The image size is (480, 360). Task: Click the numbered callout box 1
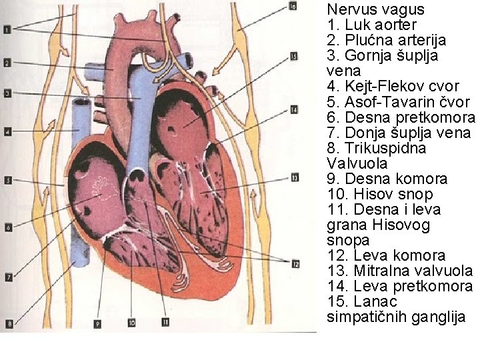coord(6,29)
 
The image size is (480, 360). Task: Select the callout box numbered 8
coord(9,324)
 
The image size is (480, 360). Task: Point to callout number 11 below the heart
coord(164,323)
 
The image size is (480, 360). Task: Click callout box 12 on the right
coord(294,262)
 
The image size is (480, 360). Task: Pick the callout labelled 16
coord(293,7)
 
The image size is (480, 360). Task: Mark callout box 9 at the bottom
coord(97,324)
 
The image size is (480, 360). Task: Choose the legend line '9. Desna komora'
coord(387,179)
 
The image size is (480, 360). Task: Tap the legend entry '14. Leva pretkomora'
coord(400,286)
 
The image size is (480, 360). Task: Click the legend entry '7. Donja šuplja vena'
coord(399,133)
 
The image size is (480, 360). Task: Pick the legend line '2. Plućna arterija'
coord(387,40)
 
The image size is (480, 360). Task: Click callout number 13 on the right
coord(294,177)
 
